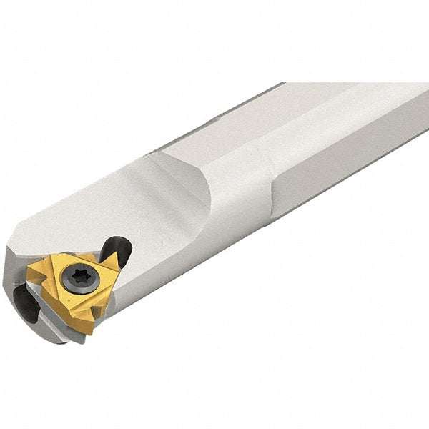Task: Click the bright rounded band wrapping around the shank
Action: pos(250,193)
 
